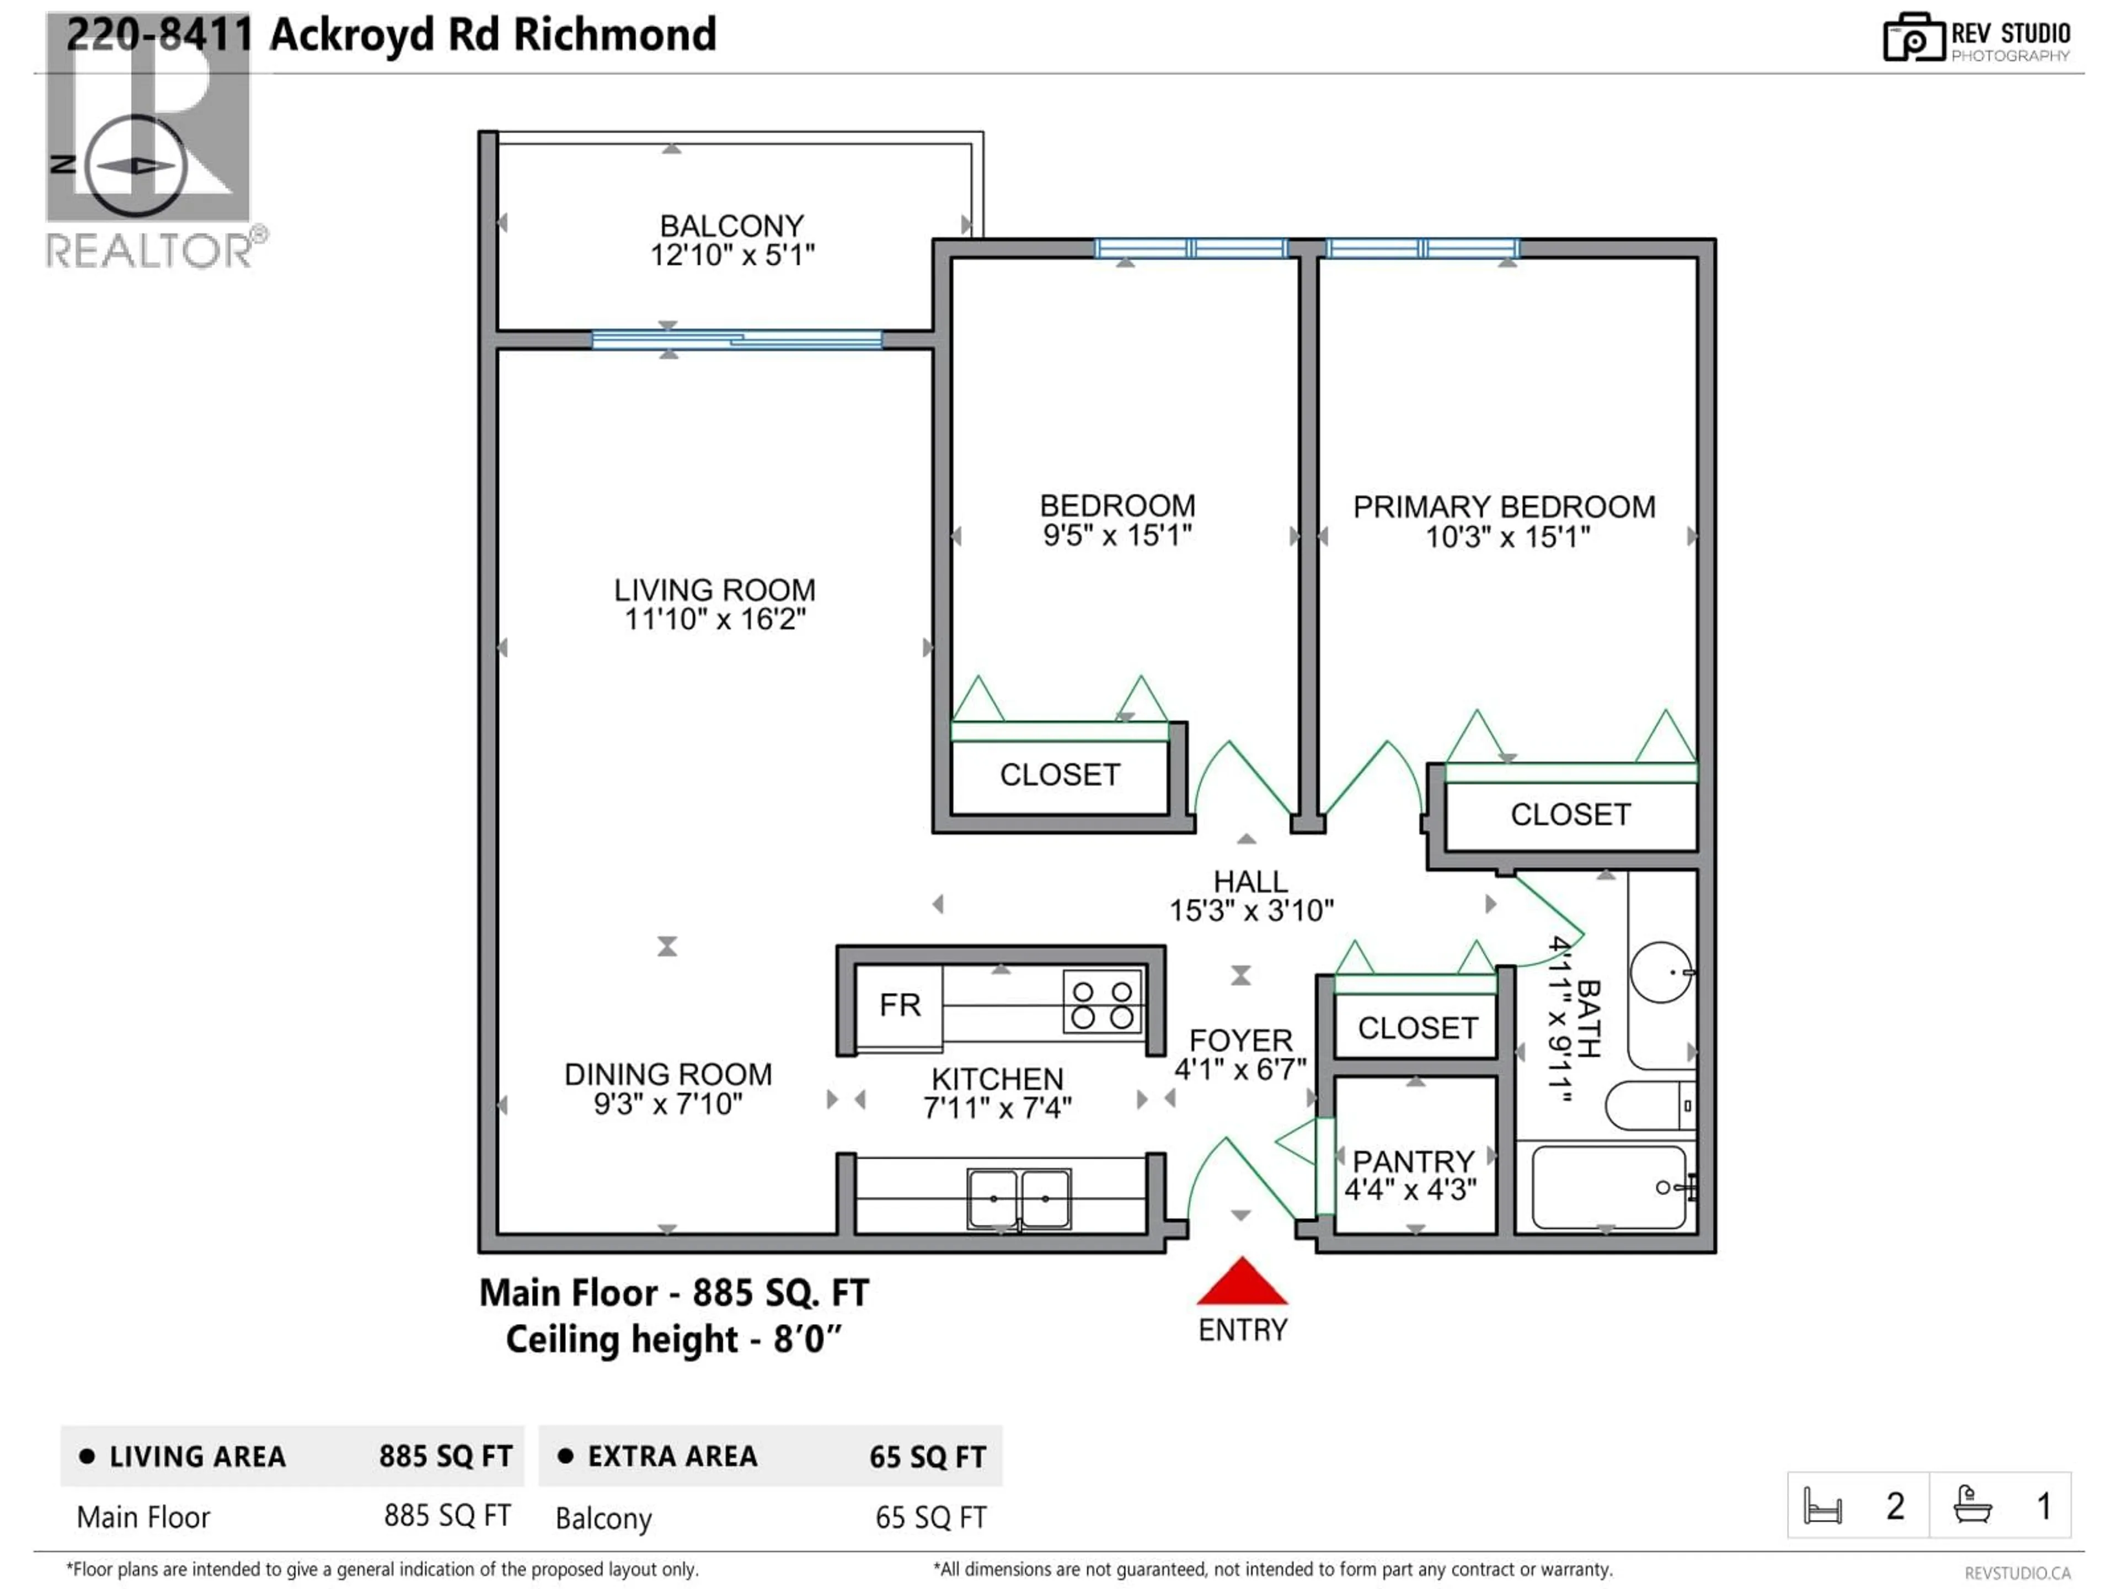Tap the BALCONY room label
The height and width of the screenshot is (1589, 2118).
[731, 226]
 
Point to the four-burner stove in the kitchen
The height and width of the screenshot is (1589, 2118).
[1102, 1003]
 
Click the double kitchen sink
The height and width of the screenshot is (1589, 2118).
[1019, 1198]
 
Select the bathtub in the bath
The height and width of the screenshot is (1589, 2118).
[1608, 1188]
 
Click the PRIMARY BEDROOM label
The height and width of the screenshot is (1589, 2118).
[1503, 506]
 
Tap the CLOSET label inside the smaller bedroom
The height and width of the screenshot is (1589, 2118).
[1060, 774]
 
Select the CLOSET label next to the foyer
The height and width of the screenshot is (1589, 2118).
[1417, 1028]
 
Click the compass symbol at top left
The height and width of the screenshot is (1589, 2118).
[135, 166]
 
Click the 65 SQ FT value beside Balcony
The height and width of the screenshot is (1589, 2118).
[930, 1517]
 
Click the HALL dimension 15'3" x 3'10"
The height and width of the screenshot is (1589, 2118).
[1250, 910]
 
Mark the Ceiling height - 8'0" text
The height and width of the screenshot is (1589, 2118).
[673, 1339]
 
